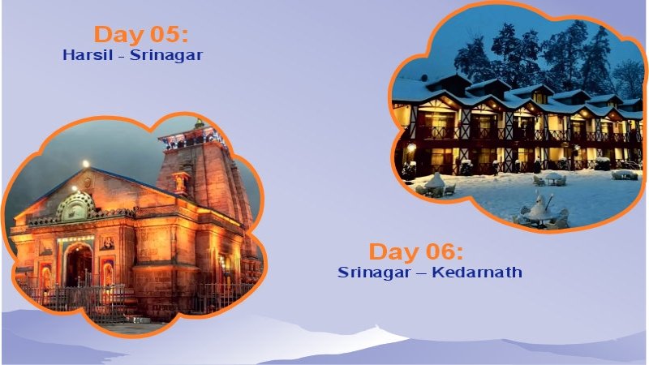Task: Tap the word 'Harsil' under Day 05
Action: click(x=83, y=56)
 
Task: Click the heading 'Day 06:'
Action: click(x=416, y=251)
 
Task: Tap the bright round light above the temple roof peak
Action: click(x=85, y=164)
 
